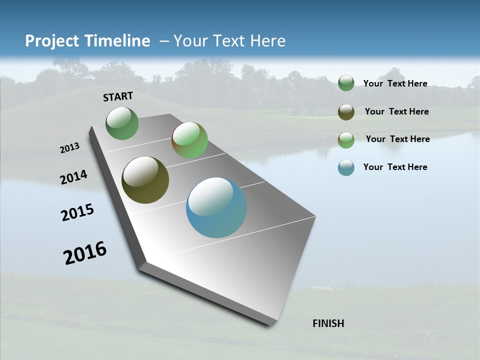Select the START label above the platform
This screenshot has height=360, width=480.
coord(118,96)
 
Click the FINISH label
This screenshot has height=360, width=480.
coord(328,323)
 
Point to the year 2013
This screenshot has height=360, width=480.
coord(70,148)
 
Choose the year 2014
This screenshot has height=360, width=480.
coord(74,177)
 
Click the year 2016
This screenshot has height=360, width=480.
coord(85,253)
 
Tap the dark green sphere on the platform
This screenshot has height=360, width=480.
coord(122,123)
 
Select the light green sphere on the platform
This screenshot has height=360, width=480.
coord(189,140)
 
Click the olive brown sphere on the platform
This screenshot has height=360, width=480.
coord(145,180)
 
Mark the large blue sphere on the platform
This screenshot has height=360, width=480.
coord(216,207)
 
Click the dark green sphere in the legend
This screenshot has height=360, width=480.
coord(346,83)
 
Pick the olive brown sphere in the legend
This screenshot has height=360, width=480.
coord(346,112)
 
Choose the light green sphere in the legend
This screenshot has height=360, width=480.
coord(346,140)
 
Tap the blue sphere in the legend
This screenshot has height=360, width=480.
coord(346,167)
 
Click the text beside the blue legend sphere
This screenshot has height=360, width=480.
coord(395,167)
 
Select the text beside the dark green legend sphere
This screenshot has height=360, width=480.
coord(395,83)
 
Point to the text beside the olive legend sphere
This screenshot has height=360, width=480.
coord(396,111)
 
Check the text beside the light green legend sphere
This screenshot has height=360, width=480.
coord(397,139)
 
